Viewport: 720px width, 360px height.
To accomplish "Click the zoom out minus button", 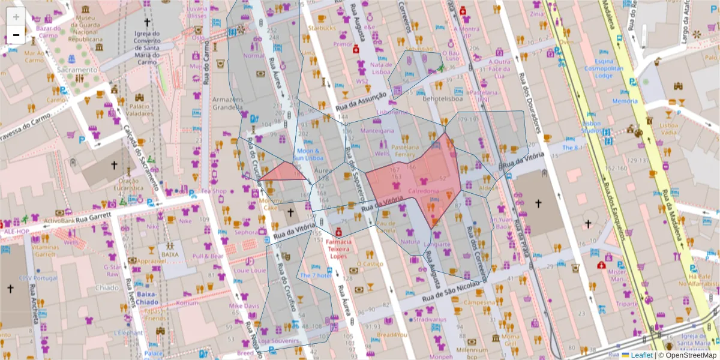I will coord(16,35).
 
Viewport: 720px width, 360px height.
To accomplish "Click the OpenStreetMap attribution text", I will coord(690,355).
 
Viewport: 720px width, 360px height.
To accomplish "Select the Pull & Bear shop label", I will coord(208,256).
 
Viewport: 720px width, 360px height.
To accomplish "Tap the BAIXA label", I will coord(169,254).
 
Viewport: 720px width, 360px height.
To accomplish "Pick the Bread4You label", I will coord(392,335).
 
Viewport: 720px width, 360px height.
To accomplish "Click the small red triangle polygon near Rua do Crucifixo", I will coord(282,173).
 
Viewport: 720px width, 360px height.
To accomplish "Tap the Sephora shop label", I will coord(245,232).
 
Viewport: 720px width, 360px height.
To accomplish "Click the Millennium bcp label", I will coord(472,353).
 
